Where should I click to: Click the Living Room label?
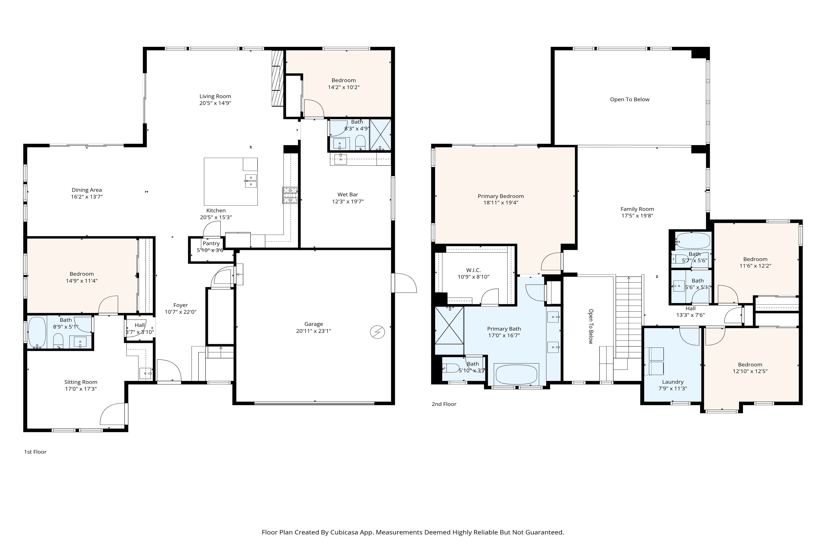pyautogui.click(x=215, y=96)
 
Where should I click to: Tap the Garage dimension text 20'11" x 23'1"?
pyautogui.click(x=314, y=331)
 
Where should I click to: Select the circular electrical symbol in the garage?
pyautogui.click(x=377, y=332)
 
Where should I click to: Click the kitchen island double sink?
pyautogui.click(x=251, y=181)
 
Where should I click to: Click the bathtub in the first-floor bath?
pyautogui.click(x=37, y=332)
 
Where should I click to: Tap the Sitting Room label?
pyautogui.click(x=81, y=382)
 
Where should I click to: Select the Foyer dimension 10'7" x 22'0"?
pyautogui.click(x=181, y=312)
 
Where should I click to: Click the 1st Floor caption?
pyautogui.click(x=35, y=452)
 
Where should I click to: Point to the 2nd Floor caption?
pyautogui.click(x=444, y=404)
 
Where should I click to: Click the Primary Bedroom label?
pyautogui.click(x=501, y=196)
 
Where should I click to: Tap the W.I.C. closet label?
pyautogui.click(x=473, y=270)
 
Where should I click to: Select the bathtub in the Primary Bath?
pyautogui.click(x=516, y=375)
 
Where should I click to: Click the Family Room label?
pyautogui.click(x=637, y=209)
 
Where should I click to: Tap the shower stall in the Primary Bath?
pyautogui.click(x=449, y=325)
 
